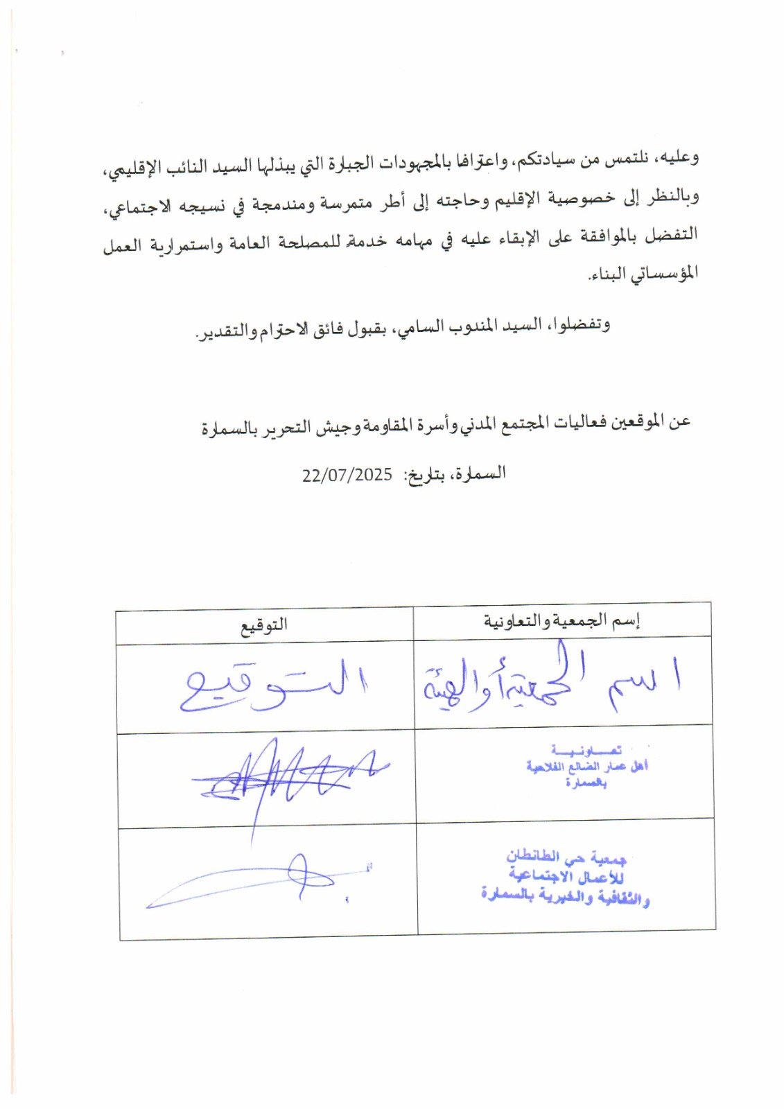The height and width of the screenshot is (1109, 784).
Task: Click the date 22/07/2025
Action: pos(347,475)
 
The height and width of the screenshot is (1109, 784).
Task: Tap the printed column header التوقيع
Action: pos(263,625)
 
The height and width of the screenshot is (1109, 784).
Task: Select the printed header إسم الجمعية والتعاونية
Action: pos(561,620)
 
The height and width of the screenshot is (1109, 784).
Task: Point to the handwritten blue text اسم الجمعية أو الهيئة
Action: pos(551,683)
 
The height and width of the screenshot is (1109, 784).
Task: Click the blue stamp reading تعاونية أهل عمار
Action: pos(586,767)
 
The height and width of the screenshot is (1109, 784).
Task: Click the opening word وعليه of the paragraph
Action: pos(680,158)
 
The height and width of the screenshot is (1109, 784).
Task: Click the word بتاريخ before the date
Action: pos(424,476)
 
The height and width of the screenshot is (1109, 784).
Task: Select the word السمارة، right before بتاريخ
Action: pos(481,474)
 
